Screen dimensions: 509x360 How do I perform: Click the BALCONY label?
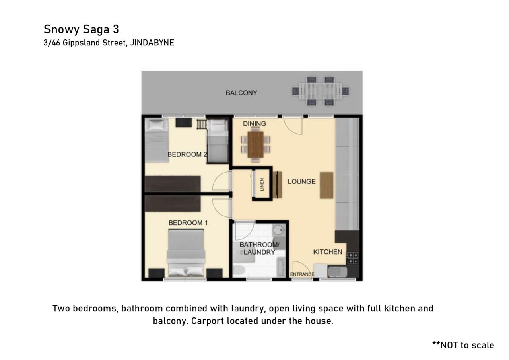point(241,93)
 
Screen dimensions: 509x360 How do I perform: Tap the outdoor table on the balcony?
point(321,91)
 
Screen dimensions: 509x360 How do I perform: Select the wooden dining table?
point(256,144)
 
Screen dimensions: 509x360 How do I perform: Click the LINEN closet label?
point(262,185)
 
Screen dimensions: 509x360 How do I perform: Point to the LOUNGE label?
point(301,181)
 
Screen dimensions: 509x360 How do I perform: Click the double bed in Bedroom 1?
point(186,253)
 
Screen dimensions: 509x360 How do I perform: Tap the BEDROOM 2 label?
point(187,155)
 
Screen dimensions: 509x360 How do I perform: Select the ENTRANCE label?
point(302,274)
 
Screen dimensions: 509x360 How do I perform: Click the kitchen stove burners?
point(352,258)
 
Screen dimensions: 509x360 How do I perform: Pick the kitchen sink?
point(338,272)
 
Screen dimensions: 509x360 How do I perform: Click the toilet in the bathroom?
point(239,271)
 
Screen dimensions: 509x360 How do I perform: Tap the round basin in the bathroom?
point(278,230)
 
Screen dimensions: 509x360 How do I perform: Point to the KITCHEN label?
point(328,252)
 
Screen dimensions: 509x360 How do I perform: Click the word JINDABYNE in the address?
point(152,43)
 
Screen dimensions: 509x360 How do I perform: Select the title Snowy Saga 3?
point(81,29)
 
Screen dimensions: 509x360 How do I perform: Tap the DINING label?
point(254,124)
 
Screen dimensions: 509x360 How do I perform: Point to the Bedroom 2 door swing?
point(221,181)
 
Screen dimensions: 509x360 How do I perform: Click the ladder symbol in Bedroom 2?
point(202,125)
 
